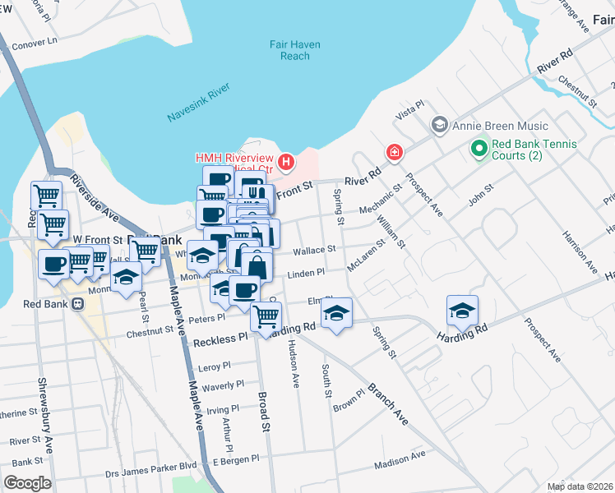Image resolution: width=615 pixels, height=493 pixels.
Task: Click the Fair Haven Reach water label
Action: pyautogui.click(x=294, y=50)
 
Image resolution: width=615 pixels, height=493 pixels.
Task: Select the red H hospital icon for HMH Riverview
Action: pyautogui.click(x=286, y=162)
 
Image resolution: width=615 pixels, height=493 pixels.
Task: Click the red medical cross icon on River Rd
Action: pyautogui.click(x=395, y=153)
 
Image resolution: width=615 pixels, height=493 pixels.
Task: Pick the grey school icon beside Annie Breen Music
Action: pyautogui.click(x=439, y=126)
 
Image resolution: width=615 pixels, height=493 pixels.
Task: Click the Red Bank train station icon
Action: pyautogui.click(x=78, y=303)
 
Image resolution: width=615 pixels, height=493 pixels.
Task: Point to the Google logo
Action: pyautogui.click(x=28, y=482)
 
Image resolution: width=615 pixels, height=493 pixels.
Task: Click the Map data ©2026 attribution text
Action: pyautogui.click(x=580, y=486)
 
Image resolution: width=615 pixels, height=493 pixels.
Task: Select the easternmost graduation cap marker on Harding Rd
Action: pyautogui.click(x=462, y=311)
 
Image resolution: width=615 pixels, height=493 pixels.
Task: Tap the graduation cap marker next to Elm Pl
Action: pyautogui.click(x=336, y=313)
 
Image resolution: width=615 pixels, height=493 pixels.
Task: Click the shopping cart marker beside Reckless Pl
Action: pyautogui.click(x=265, y=316)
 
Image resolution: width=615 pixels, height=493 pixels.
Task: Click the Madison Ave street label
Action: pyautogui.click(x=400, y=460)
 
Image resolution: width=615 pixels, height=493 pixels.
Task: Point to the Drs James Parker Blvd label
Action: pyautogui.click(x=151, y=472)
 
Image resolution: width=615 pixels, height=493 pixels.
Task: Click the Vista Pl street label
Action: pyautogui.click(x=409, y=110)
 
